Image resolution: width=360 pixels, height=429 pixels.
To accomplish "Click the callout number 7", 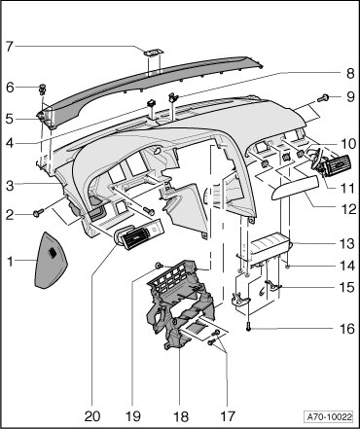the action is (10, 47).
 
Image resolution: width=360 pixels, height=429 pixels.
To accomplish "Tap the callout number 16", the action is (347, 329).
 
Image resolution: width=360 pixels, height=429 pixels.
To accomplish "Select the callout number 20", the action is (92, 416).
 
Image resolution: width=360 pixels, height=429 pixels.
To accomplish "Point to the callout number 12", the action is (348, 209).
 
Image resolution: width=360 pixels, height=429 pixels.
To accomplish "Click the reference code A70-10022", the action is (329, 416).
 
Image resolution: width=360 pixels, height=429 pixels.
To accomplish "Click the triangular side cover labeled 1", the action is (50, 260).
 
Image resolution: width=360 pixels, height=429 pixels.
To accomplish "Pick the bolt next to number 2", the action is (38, 213).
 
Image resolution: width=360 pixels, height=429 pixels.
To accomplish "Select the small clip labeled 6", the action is (43, 89).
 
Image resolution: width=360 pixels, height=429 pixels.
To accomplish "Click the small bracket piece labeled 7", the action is (154, 52).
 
